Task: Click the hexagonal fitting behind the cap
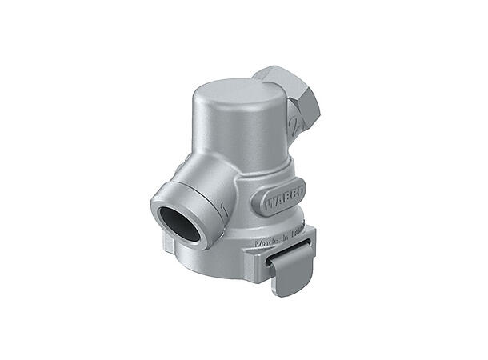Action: [293, 94]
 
